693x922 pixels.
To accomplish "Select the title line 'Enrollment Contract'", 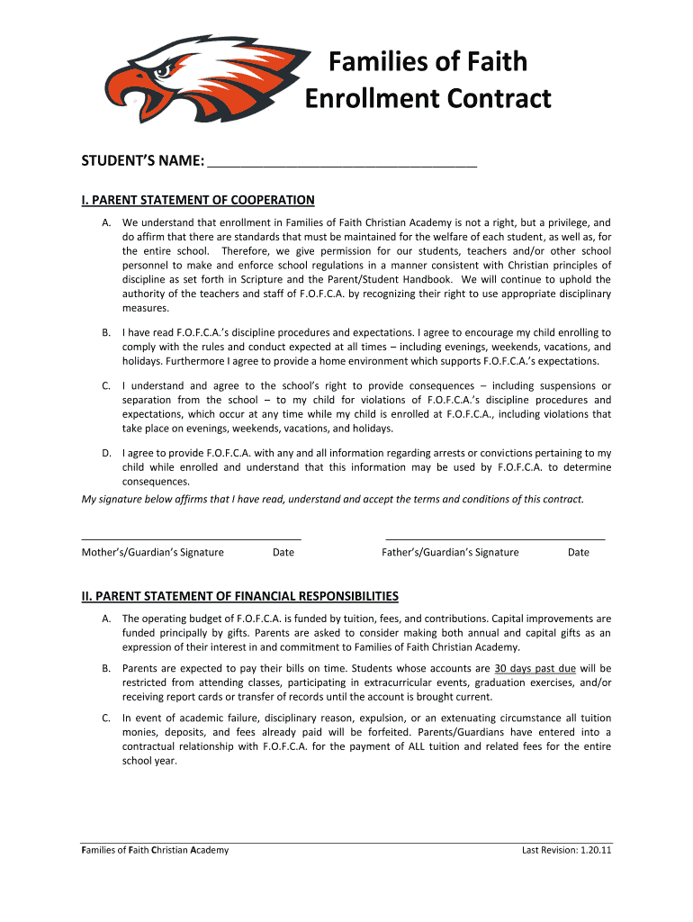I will tap(427, 98).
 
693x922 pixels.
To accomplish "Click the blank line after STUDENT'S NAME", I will tap(342, 165).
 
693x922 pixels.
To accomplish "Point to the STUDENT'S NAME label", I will tap(142, 161).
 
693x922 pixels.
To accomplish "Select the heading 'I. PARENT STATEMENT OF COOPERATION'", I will tap(198, 200).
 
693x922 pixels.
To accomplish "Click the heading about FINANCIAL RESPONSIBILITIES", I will tap(240, 596).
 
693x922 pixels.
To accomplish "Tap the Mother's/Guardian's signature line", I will tap(191, 538).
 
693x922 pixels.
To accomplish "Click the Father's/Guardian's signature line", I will tap(495, 538).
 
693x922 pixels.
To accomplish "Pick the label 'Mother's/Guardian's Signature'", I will tap(153, 552).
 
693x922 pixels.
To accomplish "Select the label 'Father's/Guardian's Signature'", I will tap(450, 552).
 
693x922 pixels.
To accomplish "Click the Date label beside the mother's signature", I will tap(283, 552).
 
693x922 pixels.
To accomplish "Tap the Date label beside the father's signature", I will tap(579, 552).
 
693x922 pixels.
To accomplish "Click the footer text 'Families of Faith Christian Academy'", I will tap(155, 850).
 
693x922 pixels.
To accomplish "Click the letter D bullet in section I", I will tap(106, 453).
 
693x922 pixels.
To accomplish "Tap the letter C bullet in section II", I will tap(106, 718).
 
